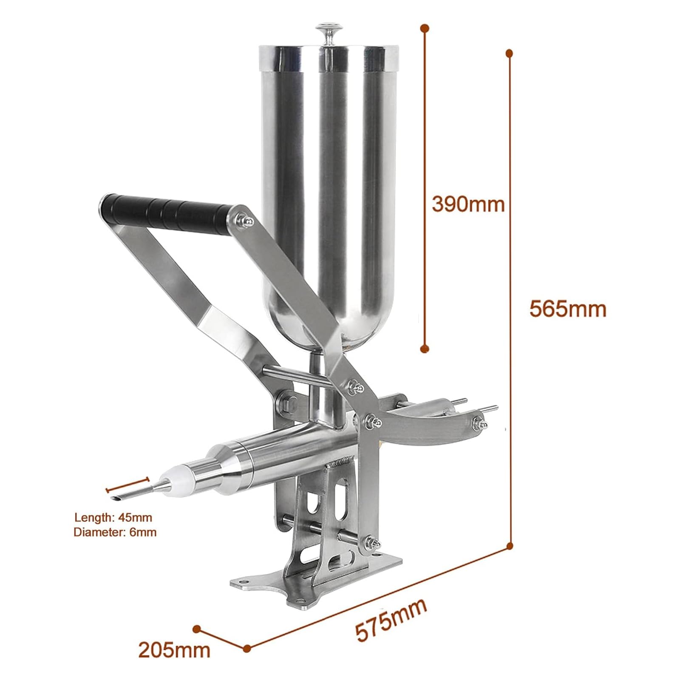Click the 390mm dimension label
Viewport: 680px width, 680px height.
click(x=468, y=204)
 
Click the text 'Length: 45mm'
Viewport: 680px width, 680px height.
click(x=113, y=518)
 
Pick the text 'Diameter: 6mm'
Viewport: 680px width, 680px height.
click(x=115, y=532)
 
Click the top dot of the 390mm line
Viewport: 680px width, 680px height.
click(x=424, y=28)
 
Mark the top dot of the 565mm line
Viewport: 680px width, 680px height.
click(x=509, y=53)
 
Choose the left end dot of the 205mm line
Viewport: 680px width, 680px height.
click(x=196, y=629)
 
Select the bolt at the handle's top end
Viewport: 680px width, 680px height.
click(x=247, y=220)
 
